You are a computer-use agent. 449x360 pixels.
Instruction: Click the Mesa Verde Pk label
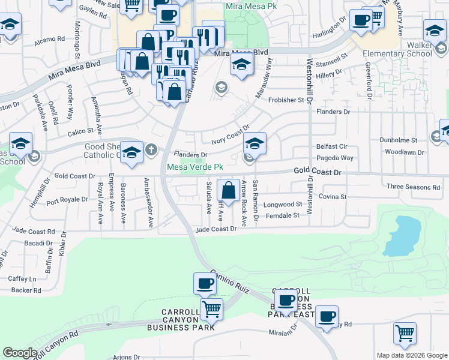(x=194, y=167)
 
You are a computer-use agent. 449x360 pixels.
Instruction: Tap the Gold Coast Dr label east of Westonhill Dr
(x=318, y=172)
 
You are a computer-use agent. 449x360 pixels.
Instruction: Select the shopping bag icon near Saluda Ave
(x=229, y=190)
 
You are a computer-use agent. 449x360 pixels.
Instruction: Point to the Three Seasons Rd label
(x=413, y=187)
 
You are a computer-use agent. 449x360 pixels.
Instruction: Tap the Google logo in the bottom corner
(x=20, y=353)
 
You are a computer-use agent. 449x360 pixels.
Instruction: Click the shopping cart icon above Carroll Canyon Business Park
(x=211, y=309)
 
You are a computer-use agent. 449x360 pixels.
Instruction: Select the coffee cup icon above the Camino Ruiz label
(x=205, y=283)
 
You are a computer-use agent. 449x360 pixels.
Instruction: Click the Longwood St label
(x=283, y=205)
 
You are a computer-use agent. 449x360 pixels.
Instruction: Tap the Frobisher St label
(x=287, y=100)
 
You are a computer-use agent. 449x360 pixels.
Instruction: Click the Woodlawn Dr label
(x=404, y=152)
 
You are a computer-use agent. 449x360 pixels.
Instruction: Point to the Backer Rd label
(x=26, y=290)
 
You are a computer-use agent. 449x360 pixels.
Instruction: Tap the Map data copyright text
(x=412, y=355)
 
